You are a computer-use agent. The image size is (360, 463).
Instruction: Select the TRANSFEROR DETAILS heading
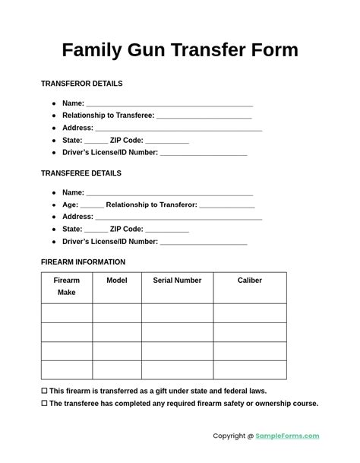[x=81, y=84]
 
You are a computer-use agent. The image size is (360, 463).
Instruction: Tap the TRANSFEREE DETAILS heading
[x=81, y=173]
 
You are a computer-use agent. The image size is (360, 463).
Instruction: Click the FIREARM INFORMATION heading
[x=84, y=262]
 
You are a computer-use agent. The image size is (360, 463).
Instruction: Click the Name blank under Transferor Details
[x=169, y=105]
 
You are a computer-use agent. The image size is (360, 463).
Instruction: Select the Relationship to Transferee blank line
[x=204, y=117]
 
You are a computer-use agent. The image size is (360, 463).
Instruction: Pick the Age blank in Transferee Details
[x=92, y=206]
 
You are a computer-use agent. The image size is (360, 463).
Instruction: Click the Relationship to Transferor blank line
[x=226, y=206]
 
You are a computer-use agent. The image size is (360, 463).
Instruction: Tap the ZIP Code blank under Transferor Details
[x=167, y=141]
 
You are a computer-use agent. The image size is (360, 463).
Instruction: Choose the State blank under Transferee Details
[x=96, y=230]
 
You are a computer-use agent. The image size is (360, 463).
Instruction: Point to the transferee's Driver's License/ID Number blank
[x=204, y=243]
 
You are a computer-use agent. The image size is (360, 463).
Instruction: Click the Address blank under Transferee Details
[x=178, y=218]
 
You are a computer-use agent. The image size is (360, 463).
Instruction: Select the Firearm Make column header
[x=67, y=287]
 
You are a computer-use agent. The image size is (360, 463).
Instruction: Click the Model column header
[x=117, y=281]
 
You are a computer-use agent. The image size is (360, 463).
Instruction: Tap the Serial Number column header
[x=177, y=281]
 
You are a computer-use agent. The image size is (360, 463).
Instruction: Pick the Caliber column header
[x=250, y=281]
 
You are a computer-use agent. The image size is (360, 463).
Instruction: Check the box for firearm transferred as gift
[x=44, y=391]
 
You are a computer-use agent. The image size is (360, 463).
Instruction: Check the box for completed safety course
[x=44, y=404]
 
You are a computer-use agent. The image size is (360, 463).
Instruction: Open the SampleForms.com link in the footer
[x=287, y=436]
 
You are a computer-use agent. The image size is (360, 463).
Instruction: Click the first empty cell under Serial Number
[x=177, y=313]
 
